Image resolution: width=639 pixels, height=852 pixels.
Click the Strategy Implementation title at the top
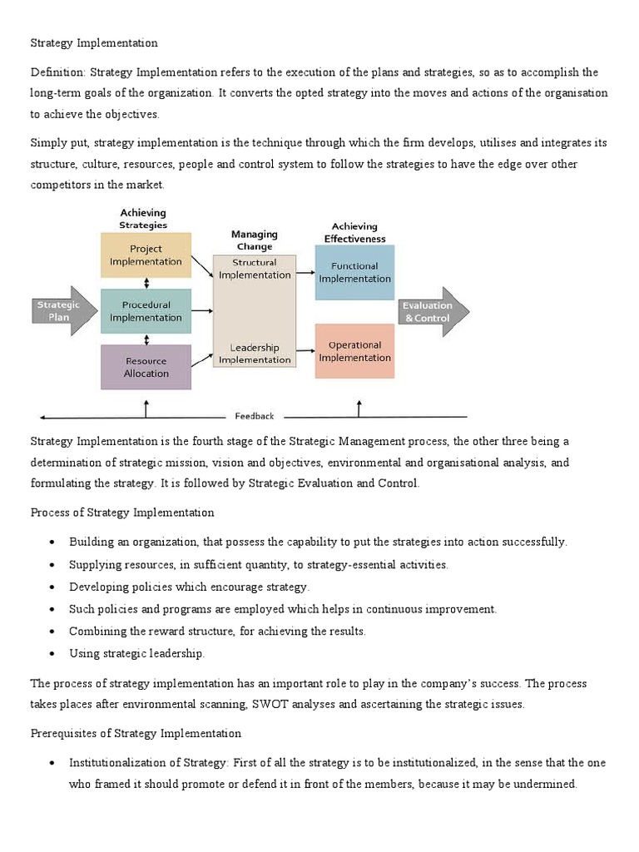[x=94, y=42]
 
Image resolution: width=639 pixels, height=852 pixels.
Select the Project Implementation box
[x=146, y=255]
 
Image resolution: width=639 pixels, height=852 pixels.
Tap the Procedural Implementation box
[x=146, y=311]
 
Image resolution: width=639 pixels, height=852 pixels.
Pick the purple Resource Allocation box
[x=146, y=367]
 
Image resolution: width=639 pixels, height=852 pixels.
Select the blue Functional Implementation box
[x=354, y=272]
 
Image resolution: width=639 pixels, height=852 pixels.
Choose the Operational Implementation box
[x=354, y=351]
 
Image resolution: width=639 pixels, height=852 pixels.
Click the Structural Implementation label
[x=254, y=269]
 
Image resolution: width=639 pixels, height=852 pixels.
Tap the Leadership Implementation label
[x=254, y=354]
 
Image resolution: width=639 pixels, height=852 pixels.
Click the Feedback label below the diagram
[x=254, y=416]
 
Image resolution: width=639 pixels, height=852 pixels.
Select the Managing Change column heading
[x=254, y=240]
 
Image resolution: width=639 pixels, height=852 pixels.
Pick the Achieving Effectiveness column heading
[x=354, y=232]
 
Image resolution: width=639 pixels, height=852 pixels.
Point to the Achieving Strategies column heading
[x=143, y=219]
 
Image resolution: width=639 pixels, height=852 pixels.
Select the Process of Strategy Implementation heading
[x=122, y=513]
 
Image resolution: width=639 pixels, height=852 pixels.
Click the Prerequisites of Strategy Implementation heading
[x=136, y=733]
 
